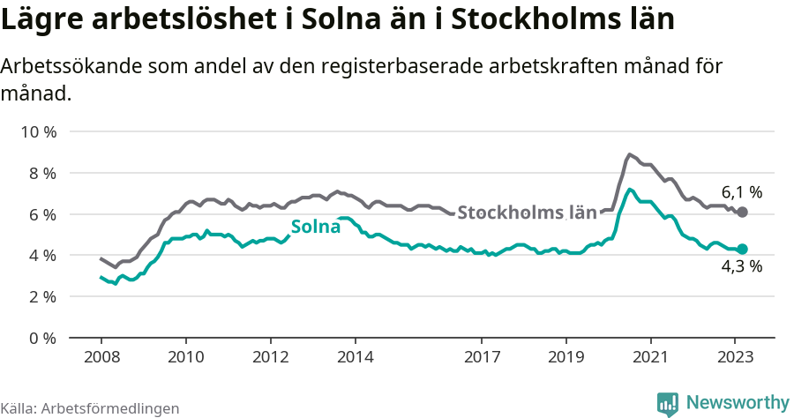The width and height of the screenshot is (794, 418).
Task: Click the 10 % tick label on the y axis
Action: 38,132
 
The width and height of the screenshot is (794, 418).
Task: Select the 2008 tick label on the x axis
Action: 101,357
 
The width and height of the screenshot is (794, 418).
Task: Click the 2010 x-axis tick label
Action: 185,357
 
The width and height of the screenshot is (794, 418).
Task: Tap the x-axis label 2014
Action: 355,357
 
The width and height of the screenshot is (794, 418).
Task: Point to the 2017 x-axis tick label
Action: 482,357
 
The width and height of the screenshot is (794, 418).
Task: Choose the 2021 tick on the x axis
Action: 651,357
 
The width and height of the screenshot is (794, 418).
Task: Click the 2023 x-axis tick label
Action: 736,357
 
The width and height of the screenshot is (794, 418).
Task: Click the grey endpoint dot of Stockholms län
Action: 743,213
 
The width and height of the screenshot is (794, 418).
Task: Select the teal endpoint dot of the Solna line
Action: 743,250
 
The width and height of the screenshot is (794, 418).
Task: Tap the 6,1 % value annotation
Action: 742,191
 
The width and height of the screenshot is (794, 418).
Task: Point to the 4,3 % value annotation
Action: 742,267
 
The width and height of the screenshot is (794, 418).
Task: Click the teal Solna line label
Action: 316,226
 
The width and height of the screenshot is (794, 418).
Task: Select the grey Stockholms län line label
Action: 528,212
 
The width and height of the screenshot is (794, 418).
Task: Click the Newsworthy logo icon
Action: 668,403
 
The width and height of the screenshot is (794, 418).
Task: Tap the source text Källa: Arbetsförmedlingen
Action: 90,408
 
